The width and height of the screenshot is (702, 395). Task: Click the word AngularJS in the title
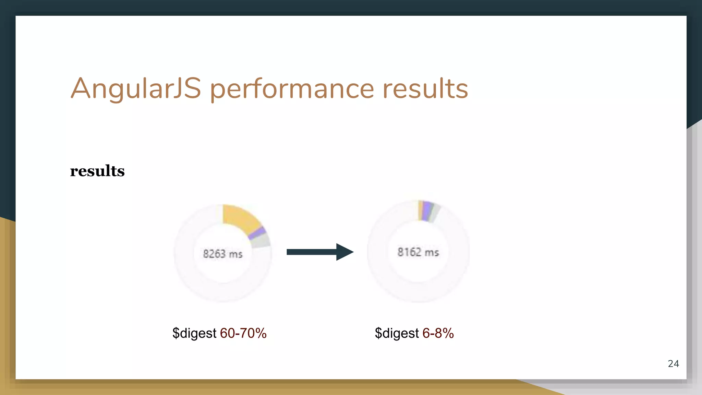click(136, 88)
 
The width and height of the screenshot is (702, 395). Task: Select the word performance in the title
click(291, 89)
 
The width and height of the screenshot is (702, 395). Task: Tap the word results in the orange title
click(425, 88)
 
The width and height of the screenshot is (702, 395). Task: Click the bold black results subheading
click(97, 171)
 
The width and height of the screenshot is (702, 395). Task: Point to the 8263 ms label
click(222, 254)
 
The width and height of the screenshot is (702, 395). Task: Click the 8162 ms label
click(418, 252)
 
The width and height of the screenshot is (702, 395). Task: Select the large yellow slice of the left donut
click(240, 218)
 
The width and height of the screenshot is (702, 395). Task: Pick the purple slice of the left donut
click(257, 233)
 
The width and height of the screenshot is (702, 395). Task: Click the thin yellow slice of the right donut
click(420, 210)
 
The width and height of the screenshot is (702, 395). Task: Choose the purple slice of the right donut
click(426, 211)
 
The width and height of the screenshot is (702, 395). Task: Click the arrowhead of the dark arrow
click(344, 252)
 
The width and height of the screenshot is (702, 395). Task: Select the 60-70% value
click(243, 333)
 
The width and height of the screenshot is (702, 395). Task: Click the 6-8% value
click(438, 333)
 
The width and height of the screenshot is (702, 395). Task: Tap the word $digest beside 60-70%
click(194, 333)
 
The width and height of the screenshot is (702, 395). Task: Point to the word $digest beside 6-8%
click(397, 333)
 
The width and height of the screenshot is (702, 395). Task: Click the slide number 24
click(673, 363)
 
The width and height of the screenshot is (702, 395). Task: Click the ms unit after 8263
click(235, 254)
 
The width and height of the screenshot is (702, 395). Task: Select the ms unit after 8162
click(432, 253)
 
